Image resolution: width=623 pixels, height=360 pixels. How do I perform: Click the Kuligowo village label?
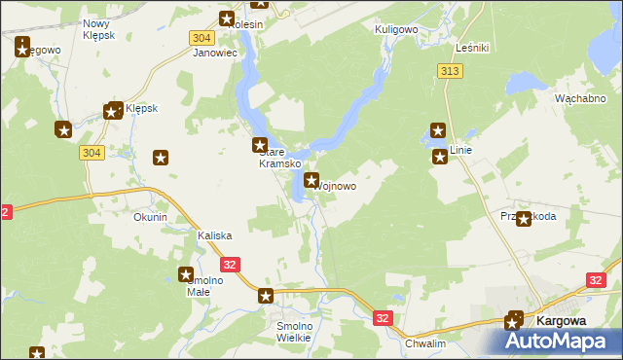[396, 30]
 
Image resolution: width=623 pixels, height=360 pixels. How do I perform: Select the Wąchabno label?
[580, 99]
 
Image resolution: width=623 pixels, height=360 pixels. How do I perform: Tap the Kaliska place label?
[214, 236]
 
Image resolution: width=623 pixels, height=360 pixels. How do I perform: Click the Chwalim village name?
[424, 343]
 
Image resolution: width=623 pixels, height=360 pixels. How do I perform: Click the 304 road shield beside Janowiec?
[202, 36]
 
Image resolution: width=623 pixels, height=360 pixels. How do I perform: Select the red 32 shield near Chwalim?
[385, 317]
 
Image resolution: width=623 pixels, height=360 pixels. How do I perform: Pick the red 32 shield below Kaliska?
[230, 264]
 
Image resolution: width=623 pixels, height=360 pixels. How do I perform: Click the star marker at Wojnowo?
[311, 180]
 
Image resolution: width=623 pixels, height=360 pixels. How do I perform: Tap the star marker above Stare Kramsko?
[261, 146]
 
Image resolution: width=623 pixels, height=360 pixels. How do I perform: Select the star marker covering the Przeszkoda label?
[524, 219]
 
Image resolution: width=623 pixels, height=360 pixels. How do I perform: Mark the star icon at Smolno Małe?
[186, 275]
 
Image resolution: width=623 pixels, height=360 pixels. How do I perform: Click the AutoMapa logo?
[562, 341]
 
